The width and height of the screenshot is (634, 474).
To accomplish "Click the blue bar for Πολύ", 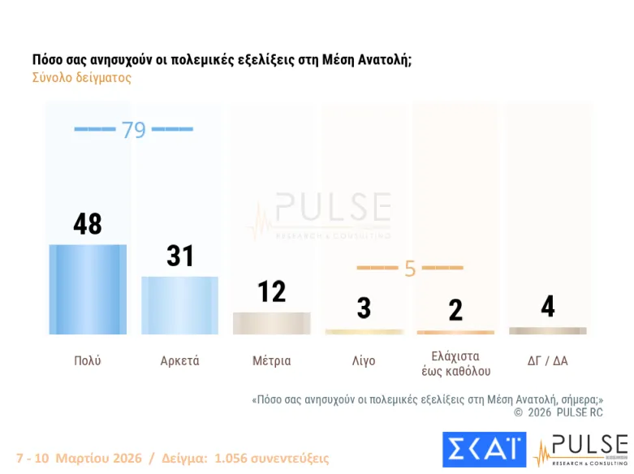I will pos(88,289).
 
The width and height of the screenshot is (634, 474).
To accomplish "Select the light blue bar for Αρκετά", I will pos(179,305).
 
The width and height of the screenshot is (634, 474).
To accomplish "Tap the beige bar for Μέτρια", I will pos(271,323).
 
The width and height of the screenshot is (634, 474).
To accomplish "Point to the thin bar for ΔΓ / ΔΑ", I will pos(548,331).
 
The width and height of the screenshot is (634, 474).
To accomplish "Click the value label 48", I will pos(88,224).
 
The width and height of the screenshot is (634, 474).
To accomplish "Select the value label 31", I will pos(179,256).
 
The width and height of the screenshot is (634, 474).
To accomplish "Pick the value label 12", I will pos(271,291).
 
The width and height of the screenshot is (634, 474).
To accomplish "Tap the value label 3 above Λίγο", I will pos(364,308).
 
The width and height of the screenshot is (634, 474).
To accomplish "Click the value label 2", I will pos(455,310).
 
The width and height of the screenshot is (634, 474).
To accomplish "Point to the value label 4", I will pos(548,307).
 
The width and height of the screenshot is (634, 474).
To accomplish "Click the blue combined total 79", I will pos(133,130).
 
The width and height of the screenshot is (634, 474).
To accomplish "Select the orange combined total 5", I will pos(410,268).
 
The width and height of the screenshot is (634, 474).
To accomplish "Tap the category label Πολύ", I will pos(88,361).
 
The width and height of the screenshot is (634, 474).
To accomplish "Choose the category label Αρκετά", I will pos(179,361).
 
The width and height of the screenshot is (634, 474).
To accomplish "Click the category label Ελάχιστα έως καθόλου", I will pos(455,364).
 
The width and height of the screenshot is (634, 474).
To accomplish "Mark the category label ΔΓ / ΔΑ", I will pos(548,361).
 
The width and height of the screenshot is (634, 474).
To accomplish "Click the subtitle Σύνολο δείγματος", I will pos(81,79).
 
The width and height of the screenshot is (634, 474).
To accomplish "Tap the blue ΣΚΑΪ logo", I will pos(484,450).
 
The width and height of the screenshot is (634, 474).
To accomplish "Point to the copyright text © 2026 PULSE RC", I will pos(559,412).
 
